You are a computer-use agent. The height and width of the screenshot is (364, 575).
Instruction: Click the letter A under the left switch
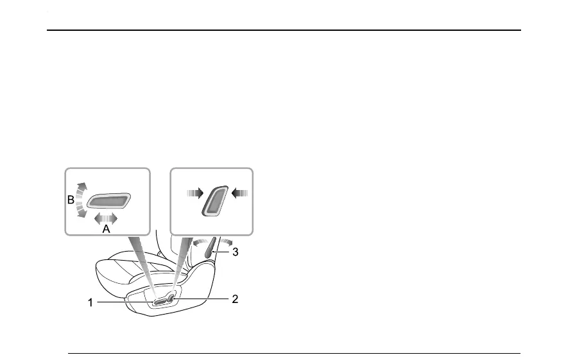click(107, 228)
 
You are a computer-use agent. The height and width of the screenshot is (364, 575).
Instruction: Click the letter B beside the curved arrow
click(71, 200)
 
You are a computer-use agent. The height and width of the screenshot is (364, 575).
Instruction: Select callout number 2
click(235, 299)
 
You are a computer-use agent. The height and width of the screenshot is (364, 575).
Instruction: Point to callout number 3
click(236, 252)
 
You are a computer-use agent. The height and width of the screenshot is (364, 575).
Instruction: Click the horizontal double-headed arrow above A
click(106, 218)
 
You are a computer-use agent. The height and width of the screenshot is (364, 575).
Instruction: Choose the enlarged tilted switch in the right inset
click(215, 202)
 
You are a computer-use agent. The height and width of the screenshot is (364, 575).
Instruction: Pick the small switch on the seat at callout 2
click(172, 296)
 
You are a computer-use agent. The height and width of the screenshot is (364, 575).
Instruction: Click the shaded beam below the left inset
click(142, 263)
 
